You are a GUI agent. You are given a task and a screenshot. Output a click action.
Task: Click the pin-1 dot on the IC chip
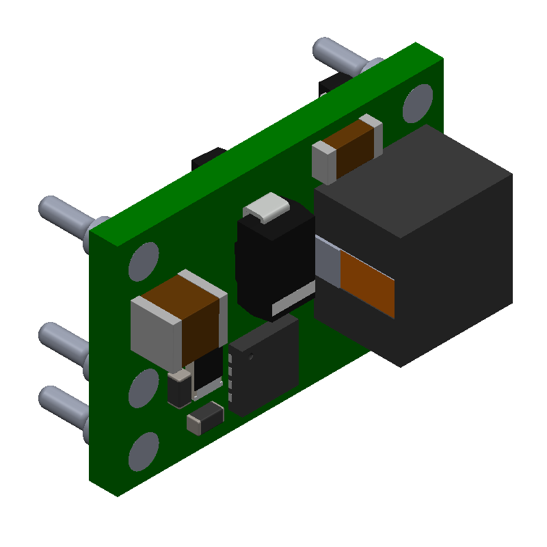tap(252, 356)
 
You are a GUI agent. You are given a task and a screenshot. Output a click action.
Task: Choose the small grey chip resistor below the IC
tap(205, 418)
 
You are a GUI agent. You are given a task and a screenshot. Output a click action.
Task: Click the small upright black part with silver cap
tap(179, 389)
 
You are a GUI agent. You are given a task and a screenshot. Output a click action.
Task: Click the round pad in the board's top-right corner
tap(417, 103)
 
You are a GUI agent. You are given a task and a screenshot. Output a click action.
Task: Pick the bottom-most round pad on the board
tap(144, 451)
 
